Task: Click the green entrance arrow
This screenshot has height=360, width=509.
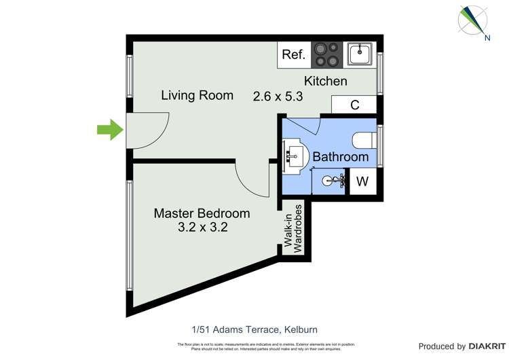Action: coord(109,130)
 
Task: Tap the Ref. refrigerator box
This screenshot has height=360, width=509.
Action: coord(294,55)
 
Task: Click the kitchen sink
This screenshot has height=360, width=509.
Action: coord(360,53)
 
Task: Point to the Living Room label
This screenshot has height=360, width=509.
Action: coord(197,96)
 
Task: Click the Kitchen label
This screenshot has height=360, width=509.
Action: coord(325,82)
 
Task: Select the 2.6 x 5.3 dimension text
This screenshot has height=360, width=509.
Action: coord(278,96)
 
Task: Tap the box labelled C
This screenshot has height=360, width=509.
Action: coord(354,105)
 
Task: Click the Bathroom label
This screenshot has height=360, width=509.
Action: coord(340,157)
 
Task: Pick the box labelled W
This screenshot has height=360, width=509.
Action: coord(362,182)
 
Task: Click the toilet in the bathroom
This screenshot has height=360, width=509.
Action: coord(364,140)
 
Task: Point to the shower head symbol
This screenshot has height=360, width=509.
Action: coord(331,181)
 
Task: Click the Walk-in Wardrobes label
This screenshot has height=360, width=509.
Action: coord(293,228)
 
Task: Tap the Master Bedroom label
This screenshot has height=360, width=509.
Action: coord(202,213)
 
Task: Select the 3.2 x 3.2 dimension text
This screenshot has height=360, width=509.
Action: coord(202,228)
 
